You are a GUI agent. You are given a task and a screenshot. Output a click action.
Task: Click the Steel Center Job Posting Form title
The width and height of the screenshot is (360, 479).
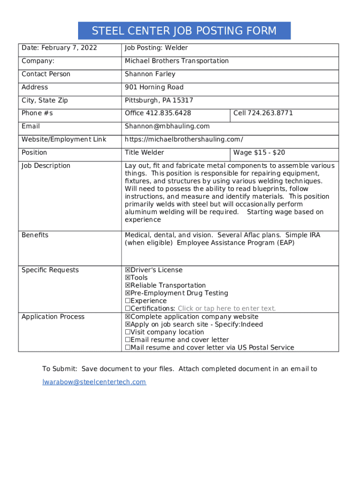(184, 31)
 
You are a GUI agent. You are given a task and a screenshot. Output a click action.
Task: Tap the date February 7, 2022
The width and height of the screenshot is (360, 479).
(69, 48)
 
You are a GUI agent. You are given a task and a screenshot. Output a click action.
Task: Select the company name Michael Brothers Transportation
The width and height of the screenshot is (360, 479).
(177, 61)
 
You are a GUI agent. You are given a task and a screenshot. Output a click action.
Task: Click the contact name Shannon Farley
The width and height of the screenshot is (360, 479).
(150, 74)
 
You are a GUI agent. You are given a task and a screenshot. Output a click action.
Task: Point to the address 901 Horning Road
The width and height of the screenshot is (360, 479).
(154, 87)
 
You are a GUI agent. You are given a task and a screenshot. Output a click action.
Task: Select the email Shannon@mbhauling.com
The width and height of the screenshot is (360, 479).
(167, 126)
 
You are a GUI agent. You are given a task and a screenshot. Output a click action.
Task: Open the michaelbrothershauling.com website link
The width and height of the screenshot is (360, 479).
(184, 139)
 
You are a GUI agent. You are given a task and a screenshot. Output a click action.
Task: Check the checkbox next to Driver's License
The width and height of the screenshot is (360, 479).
(128, 270)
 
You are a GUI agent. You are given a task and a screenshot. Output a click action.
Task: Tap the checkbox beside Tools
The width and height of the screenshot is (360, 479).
(128, 278)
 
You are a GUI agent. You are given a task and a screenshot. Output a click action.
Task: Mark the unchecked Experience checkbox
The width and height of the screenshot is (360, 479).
(128, 301)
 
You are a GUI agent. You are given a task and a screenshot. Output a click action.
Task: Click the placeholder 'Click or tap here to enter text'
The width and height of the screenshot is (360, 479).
(227, 309)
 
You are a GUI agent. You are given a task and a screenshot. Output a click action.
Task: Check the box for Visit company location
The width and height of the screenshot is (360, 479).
(128, 332)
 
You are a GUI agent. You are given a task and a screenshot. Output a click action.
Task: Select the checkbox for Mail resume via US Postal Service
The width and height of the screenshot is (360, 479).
(128, 348)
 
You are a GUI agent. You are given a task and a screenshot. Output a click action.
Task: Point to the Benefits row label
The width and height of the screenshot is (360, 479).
(35, 235)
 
